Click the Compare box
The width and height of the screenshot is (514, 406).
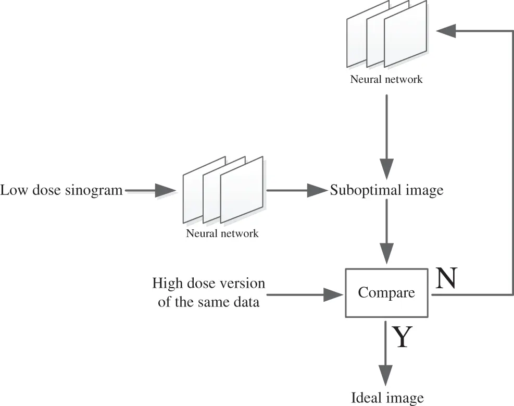tap(386, 292)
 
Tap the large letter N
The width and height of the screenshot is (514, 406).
tap(446, 279)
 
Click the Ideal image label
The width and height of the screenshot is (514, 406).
tap(387, 398)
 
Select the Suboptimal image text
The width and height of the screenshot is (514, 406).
tap(386, 190)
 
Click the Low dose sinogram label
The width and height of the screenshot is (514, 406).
tap(61, 190)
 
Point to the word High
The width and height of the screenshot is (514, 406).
tap(166, 284)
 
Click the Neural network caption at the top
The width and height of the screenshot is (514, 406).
tap(386, 80)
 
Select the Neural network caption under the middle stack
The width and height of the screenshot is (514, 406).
tap(222, 233)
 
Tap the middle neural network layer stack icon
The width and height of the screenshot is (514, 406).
tap(223, 190)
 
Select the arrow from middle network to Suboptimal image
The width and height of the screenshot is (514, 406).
tap(297, 191)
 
